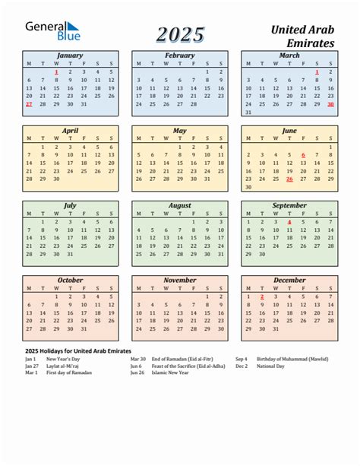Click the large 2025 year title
point(181,34)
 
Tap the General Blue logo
point(52,31)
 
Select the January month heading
point(70,55)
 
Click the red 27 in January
point(29,105)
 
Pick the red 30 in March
point(330,104)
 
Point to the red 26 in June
point(289,179)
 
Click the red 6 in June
point(303,154)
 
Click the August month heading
point(179,205)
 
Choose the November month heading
point(179,280)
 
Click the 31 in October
point(84,329)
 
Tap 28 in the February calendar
point(194,104)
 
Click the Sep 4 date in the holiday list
point(242,359)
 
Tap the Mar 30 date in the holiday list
point(137,359)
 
